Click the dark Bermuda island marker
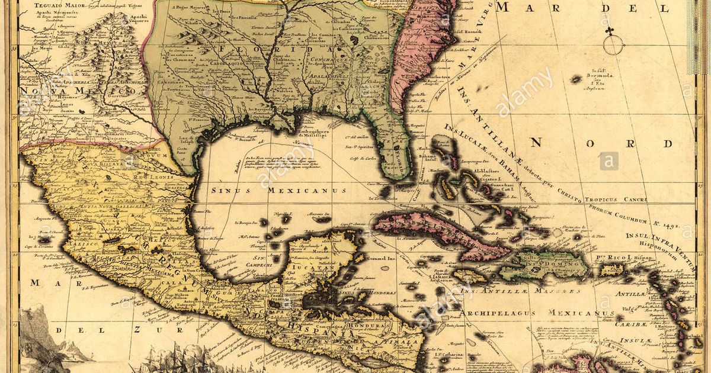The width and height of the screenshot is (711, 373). click(576, 79)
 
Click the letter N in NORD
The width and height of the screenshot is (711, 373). click(536, 142)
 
